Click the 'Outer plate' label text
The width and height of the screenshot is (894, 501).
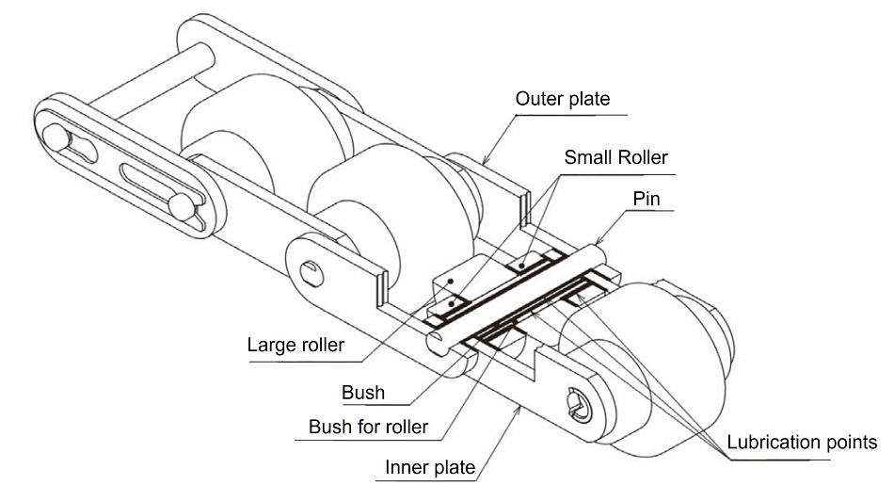pyautogui.click(x=563, y=98)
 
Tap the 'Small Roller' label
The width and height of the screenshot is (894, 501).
pyautogui.click(x=615, y=156)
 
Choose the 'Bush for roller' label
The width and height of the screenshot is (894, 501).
pyautogui.click(x=368, y=427)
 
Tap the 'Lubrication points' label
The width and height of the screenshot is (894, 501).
pyautogui.click(x=802, y=441)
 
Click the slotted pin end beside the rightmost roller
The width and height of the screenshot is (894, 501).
pyautogui.click(x=578, y=403)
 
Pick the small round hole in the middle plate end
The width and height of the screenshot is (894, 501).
pyautogui.click(x=311, y=272)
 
